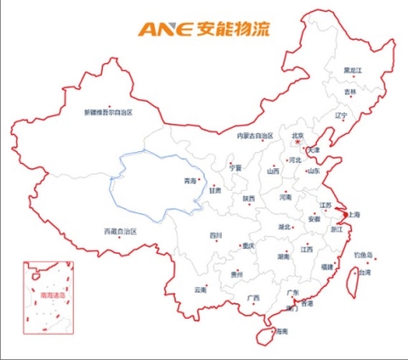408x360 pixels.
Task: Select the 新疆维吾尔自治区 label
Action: [108, 112]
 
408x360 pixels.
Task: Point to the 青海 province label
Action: [190, 181]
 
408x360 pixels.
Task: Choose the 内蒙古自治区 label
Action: [254, 136]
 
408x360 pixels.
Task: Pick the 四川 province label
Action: [215, 235]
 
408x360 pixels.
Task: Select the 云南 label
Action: [201, 290]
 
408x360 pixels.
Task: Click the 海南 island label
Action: [282, 332]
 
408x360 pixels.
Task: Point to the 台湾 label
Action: [365, 272]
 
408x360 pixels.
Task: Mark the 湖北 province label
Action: [285, 227]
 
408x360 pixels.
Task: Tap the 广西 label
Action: [253, 298]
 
